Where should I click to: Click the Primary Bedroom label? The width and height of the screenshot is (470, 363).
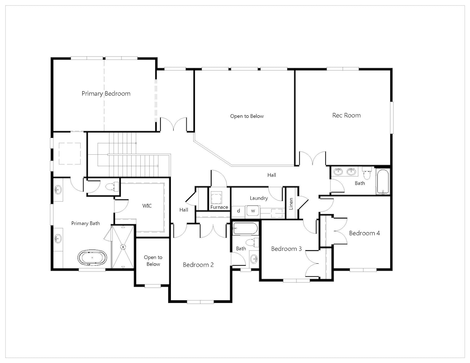(106, 94)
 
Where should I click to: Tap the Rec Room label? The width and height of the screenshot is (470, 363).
(346, 115)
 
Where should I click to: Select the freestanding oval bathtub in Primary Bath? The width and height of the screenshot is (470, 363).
(92, 257)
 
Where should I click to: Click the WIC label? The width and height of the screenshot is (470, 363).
(147, 206)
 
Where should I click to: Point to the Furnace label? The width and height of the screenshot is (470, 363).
(219, 207)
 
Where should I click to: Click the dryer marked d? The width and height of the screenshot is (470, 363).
(238, 211)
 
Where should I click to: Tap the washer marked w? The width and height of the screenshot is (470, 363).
(253, 211)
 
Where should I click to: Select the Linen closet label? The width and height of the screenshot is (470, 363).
(291, 204)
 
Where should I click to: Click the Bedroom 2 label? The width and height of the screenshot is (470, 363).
(198, 265)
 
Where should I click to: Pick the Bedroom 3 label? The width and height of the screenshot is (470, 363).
(286, 249)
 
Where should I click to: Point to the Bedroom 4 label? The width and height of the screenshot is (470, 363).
(365, 233)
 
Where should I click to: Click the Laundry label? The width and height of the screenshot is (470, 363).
(259, 198)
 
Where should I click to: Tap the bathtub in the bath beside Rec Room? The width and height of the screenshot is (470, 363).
(383, 182)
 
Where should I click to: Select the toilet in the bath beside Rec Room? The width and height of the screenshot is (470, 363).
(367, 173)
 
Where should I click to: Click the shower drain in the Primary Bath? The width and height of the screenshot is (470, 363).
(123, 247)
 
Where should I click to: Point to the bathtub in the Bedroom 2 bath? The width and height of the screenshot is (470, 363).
(245, 228)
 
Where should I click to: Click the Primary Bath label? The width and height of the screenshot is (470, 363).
(86, 223)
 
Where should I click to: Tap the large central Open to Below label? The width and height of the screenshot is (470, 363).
(247, 116)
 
